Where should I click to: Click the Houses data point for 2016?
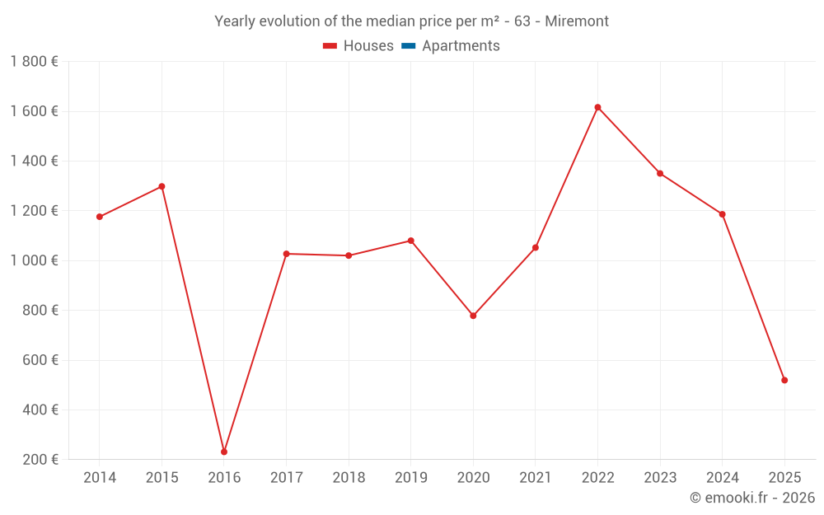point(224,452)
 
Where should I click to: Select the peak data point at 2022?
point(597,107)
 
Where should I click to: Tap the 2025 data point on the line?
point(784,380)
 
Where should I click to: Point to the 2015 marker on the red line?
point(162,186)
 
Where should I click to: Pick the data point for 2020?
point(473,316)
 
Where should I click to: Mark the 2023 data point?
point(660,173)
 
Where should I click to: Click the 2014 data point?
point(100,217)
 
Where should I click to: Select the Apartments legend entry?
point(461,46)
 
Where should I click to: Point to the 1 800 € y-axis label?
point(34,62)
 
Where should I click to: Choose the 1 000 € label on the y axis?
point(34,260)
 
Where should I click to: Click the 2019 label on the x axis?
point(410,478)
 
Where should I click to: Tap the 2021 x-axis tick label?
point(535,478)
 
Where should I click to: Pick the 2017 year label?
point(286,478)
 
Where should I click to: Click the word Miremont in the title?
point(577,21)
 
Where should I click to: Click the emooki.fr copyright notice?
point(751,498)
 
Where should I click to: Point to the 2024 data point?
point(722,214)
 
